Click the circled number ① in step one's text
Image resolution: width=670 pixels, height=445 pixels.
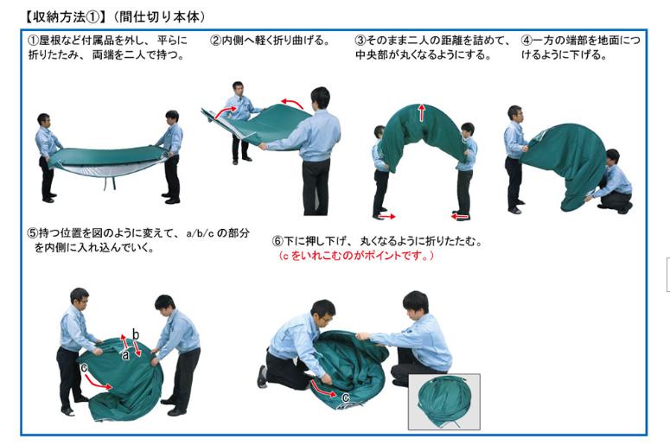coord(33,41)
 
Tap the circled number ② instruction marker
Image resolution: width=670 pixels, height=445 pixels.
coord(215,41)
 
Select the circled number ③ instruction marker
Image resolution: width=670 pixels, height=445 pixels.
coord(361,41)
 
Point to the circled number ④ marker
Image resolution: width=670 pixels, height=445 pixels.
coord(526,41)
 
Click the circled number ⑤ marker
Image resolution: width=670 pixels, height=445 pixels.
coord(33,233)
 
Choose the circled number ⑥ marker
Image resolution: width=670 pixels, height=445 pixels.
coord(278,241)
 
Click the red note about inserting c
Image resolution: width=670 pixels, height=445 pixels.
coord(356,256)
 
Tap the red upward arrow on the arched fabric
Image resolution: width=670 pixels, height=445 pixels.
coord(422,111)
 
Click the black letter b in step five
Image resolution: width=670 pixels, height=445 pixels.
coord(136,334)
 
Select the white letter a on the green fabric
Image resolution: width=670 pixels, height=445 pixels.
coord(125,354)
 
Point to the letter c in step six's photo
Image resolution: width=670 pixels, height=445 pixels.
coord(345,397)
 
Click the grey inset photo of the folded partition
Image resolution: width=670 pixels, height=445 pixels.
coord(444,402)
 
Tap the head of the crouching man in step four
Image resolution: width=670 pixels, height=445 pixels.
coord(613,156)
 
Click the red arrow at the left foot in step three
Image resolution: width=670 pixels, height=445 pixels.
coord(387,217)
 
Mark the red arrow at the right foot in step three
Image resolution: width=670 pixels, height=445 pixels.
coord(460,217)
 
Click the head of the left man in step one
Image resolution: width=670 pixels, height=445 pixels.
coord(43,120)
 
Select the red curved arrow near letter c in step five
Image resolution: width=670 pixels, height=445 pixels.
coord(98,382)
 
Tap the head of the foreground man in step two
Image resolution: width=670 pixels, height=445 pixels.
coord(320,98)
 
